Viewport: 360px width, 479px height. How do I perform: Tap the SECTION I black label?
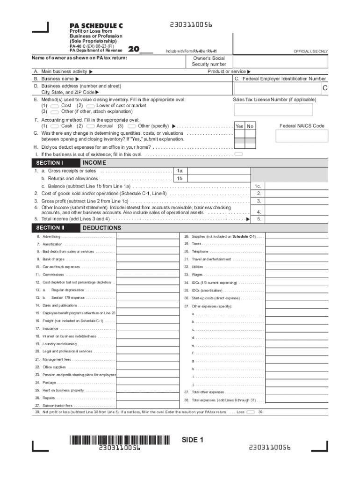(49, 163)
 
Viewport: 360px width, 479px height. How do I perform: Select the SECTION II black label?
(50, 228)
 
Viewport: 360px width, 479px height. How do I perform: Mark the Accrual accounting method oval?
(90, 126)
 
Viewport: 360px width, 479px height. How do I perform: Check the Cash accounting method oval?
(54, 126)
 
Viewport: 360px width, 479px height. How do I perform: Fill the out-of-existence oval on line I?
(238, 154)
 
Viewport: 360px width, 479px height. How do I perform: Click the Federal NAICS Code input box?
(301, 136)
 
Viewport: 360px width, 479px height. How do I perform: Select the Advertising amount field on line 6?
(147, 237)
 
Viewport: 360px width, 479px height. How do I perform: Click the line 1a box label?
(180, 171)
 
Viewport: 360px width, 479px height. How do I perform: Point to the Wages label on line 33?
(197, 275)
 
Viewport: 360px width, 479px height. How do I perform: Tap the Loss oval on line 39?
(251, 412)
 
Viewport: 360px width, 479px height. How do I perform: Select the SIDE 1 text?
(193, 440)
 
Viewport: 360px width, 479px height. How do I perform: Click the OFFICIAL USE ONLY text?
(310, 51)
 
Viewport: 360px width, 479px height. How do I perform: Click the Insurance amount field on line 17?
(147, 328)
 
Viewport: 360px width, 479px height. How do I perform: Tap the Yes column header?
(239, 126)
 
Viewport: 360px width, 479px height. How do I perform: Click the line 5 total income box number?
(259, 219)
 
